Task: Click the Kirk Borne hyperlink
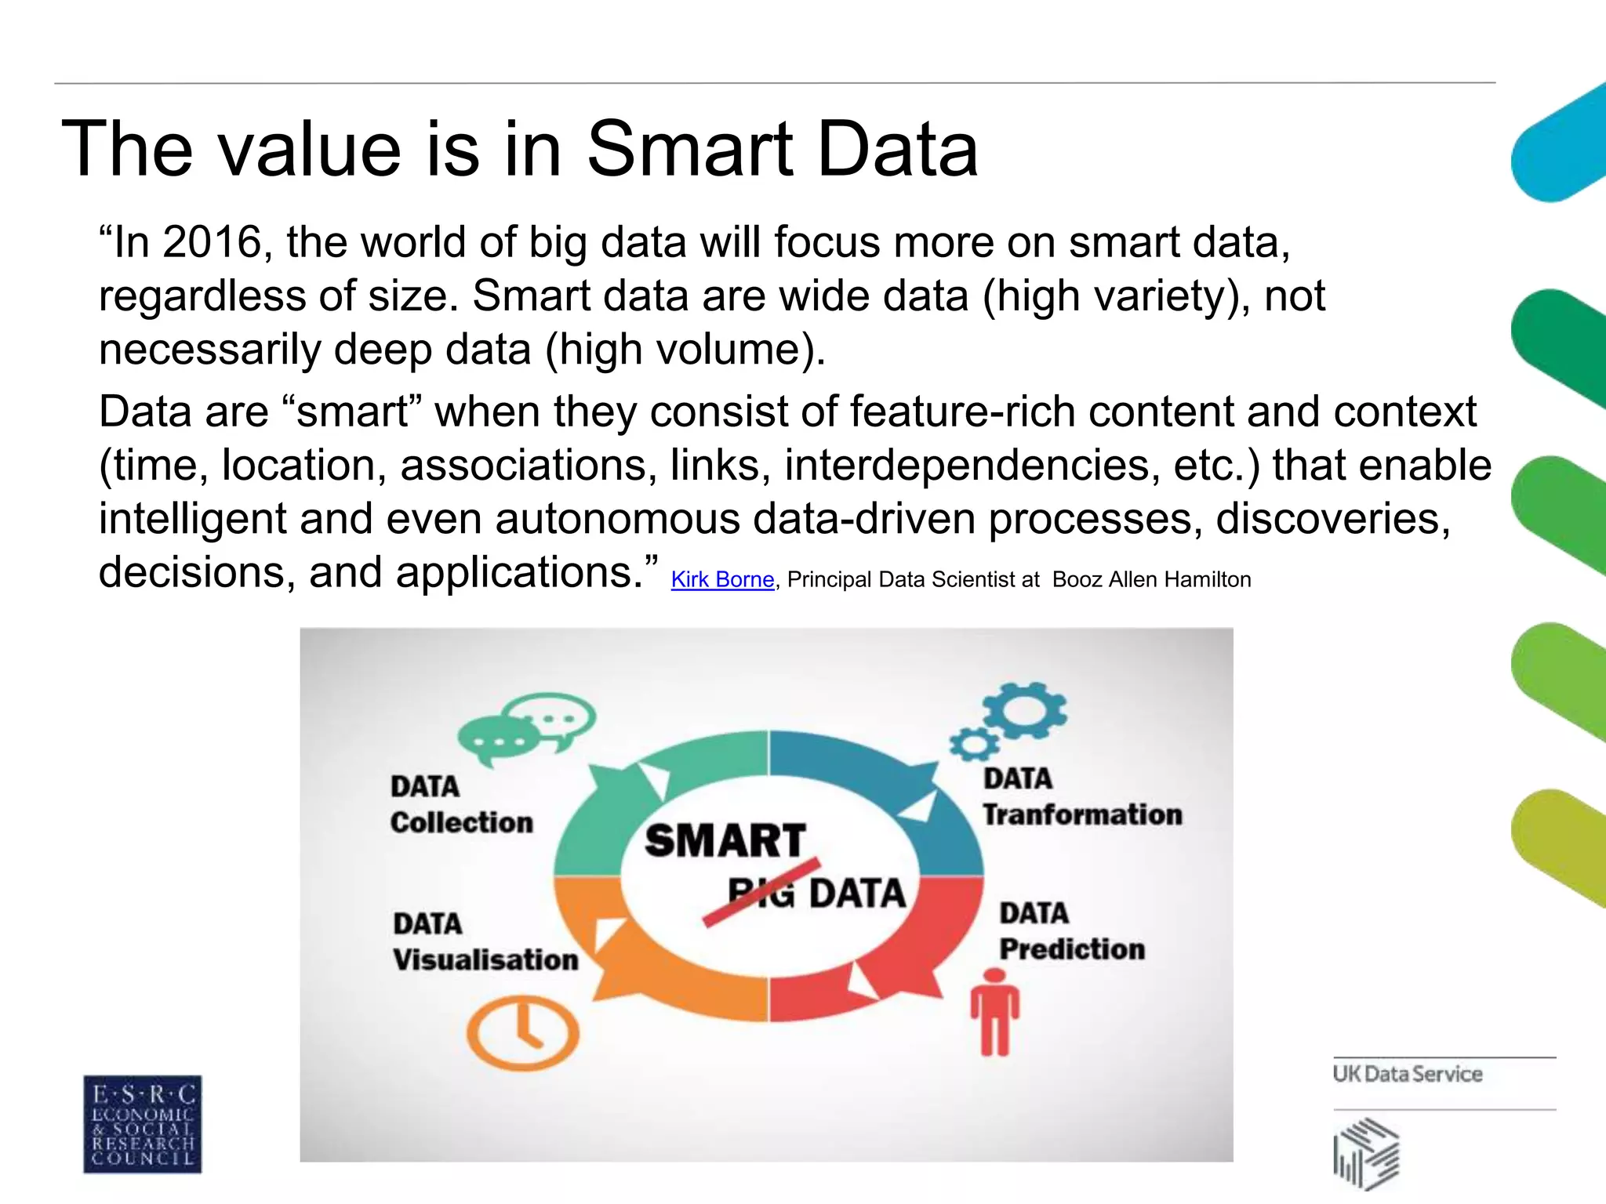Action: (722, 579)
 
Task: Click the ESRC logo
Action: (142, 1123)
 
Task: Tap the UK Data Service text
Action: (1407, 1074)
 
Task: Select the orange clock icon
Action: (523, 1032)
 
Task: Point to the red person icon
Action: (994, 1012)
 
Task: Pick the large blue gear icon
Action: (1023, 710)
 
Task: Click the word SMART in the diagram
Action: (725, 840)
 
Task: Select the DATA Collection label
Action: (461, 804)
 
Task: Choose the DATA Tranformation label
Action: (1082, 797)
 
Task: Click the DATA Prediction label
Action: (1071, 931)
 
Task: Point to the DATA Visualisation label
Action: (485, 941)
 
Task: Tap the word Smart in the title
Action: (690, 148)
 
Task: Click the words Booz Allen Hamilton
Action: (1151, 579)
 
